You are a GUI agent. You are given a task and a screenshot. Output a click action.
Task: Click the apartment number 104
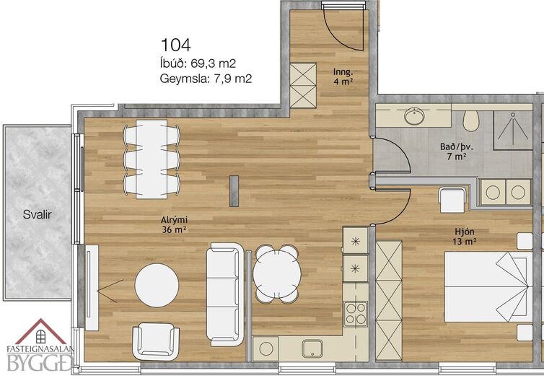pyautogui.click(x=175, y=45)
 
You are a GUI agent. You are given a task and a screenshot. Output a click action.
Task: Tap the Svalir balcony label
pyautogui.click(x=37, y=214)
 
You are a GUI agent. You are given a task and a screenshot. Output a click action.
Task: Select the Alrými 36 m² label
pyautogui.click(x=174, y=224)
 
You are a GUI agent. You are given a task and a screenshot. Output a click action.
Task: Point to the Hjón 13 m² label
pyautogui.click(x=464, y=236)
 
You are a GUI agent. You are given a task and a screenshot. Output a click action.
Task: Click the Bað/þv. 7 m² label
pyautogui.click(x=456, y=151)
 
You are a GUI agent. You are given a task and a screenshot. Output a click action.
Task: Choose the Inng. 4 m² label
pyautogui.click(x=343, y=76)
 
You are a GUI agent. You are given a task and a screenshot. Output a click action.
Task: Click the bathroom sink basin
pyautogui.click(x=414, y=116)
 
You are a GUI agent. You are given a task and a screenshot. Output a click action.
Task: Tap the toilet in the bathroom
pyautogui.click(x=471, y=120)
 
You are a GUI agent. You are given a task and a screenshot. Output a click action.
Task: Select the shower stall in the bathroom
pyautogui.click(x=513, y=130)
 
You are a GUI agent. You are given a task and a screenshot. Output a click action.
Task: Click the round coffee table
pyautogui.click(x=157, y=286)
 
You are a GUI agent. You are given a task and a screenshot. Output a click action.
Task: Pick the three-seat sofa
pyautogui.click(x=225, y=294)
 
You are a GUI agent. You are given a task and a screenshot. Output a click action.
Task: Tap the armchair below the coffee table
pyautogui.click(x=156, y=341)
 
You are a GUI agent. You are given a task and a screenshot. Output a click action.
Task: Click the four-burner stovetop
pyautogui.click(x=355, y=314)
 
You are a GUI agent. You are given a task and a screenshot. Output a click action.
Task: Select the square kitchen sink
pyautogui.click(x=312, y=348)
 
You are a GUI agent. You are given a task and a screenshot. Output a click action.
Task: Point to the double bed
pyautogui.click(x=488, y=287)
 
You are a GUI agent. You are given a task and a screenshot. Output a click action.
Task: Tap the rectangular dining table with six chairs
pyautogui.click(x=152, y=159)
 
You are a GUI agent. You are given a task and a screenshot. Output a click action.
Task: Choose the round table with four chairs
pyautogui.click(x=277, y=273)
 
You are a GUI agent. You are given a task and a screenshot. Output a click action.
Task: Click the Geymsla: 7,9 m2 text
pyautogui.click(x=206, y=79)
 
